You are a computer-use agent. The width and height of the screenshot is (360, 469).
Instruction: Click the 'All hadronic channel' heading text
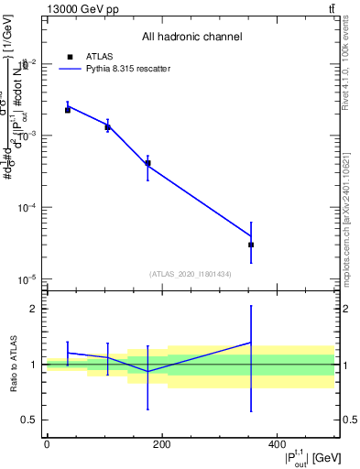(x=191, y=38)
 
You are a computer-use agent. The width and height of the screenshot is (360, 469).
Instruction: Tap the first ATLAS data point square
(x=68, y=110)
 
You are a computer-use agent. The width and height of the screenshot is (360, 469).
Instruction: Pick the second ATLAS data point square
(x=108, y=127)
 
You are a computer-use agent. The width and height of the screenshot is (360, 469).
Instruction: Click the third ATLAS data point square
(x=147, y=163)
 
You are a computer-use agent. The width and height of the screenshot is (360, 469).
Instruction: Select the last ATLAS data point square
(x=251, y=245)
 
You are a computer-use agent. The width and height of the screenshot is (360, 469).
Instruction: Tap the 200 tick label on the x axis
(x=161, y=443)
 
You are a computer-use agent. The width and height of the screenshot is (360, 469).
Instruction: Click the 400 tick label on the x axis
(x=276, y=443)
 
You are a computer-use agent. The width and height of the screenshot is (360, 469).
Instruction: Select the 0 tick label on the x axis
(x=47, y=443)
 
